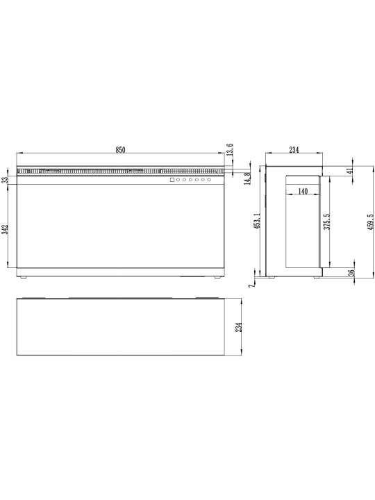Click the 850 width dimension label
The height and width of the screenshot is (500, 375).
(120, 150)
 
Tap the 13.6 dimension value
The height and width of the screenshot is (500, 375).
(231, 149)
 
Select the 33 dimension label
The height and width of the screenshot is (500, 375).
(5, 180)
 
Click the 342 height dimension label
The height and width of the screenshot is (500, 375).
(5, 230)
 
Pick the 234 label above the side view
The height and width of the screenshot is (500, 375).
(294, 150)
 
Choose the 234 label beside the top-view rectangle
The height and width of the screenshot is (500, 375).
(238, 327)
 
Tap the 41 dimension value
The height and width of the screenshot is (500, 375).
(351, 171)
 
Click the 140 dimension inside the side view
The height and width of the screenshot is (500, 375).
(303, 192)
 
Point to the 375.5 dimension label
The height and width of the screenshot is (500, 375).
(327, 222)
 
